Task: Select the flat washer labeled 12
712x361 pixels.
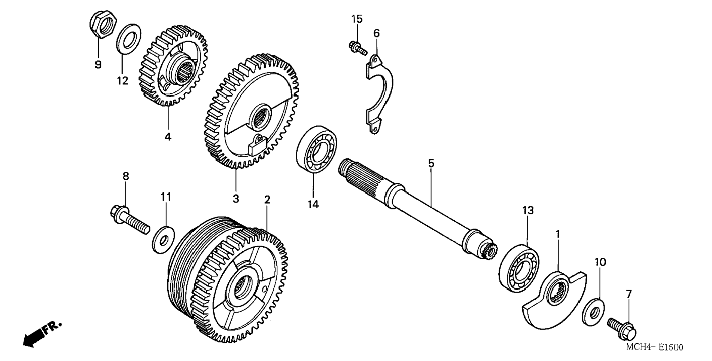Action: pos(128,39)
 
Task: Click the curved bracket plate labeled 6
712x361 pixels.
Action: pos(378,94)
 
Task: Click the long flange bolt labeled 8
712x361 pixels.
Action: pos(130,221)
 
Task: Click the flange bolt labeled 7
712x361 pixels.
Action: pos(622,327)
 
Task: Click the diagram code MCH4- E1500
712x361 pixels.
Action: pos(655,347)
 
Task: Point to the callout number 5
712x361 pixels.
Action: pos(431,163)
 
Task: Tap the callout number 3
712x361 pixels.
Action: pos(235,198)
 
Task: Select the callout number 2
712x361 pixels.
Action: pos(267,200)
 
